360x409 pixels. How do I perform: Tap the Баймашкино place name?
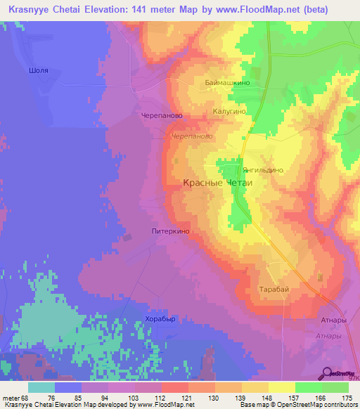pos(228,82)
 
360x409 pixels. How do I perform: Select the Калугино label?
pos(229,111)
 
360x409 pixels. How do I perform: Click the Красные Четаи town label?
pos(217,182)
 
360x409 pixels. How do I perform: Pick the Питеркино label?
pos(171,230)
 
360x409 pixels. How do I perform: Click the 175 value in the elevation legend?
pos(345,398)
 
